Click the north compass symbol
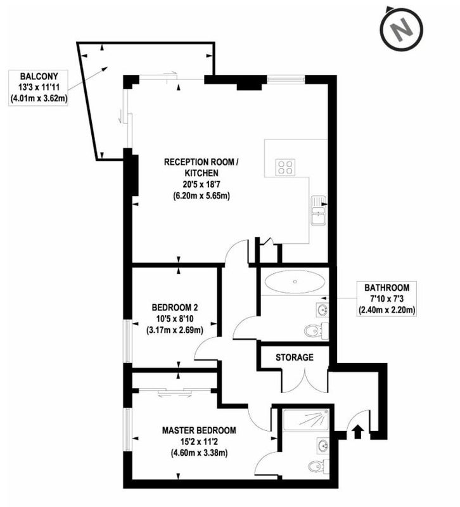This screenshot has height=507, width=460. coord(402,30)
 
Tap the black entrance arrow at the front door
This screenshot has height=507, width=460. coord(357,432)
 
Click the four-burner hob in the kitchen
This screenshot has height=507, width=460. coord(284,167)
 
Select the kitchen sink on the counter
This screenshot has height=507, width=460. coord(319,210)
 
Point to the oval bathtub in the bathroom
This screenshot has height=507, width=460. coord(295,282)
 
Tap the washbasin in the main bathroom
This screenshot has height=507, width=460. coord(323,310)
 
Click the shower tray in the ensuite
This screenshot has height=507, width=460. coord(306,420)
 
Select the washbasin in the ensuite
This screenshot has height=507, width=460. coord(323,446)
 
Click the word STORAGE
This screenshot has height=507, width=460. coord(295,357)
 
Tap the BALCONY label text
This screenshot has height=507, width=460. coord(39,76)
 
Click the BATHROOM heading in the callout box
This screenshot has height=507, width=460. coord(387,288)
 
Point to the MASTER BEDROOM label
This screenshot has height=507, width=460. coord(199,430)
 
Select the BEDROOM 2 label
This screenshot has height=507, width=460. coord(175,307)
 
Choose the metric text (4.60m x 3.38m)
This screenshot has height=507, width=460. coord(199,453)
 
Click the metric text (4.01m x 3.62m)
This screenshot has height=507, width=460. coord(39,98)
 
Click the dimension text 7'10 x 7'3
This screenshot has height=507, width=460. coord(387,298)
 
